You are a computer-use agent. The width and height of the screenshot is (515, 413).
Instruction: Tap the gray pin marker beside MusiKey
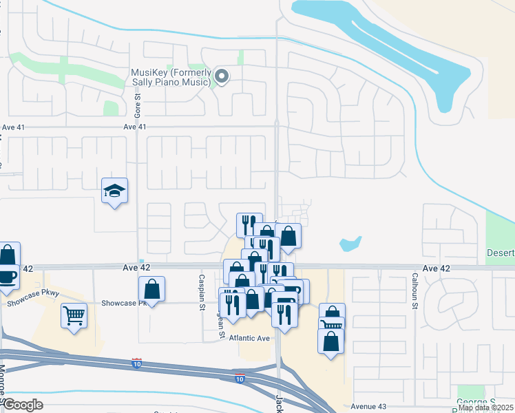(x=221, y=76)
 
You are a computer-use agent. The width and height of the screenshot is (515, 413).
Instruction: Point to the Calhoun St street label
(x=415, y=288)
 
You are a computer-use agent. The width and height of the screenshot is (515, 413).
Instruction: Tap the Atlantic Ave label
(x=249, y=338)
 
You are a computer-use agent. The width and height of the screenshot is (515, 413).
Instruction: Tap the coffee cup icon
(x=7, y=277)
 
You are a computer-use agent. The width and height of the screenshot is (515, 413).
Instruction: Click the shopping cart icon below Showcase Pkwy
(x=74, y=317)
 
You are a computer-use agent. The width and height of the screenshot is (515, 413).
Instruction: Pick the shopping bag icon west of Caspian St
(x=151, y=289)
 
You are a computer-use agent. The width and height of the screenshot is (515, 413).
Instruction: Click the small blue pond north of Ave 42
(x=350, y=243)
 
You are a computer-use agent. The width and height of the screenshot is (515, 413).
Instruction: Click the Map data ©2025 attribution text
(x=486, y=407)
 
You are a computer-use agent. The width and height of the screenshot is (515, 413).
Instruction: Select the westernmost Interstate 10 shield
(x=137, y=362)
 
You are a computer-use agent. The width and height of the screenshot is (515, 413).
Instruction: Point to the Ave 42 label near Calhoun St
(x=436, y=268)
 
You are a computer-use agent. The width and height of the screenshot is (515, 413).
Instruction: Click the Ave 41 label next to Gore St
(x=135, y=127)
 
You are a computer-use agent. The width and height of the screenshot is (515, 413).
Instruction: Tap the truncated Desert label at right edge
(x=501, y=253)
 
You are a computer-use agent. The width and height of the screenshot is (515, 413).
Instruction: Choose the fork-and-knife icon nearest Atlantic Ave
(x=284, y=314)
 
